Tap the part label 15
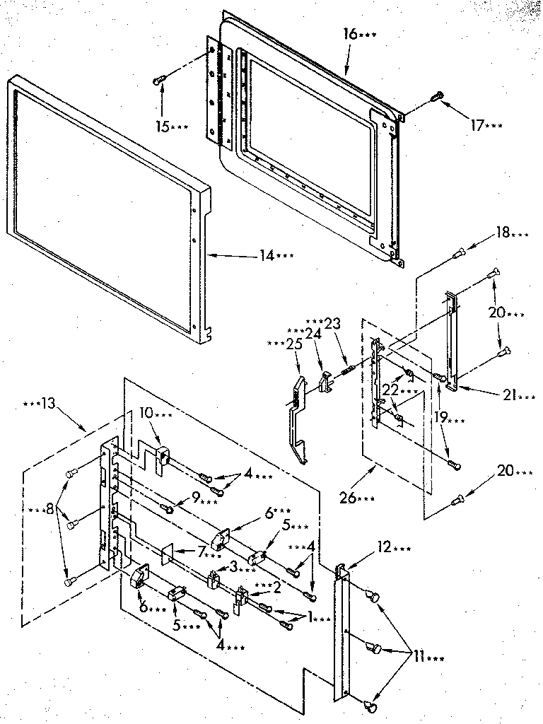pos(163,127)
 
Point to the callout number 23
pos(332,322)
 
